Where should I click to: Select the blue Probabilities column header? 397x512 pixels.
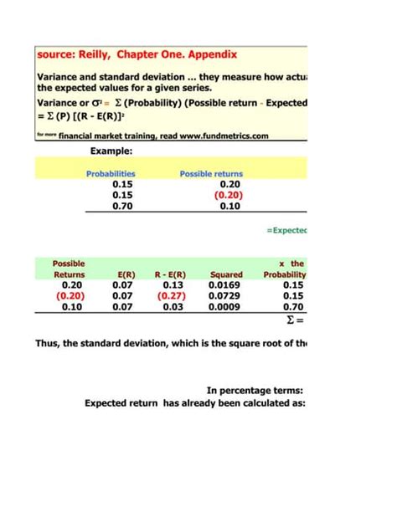111,174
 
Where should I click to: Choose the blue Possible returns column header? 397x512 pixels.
211,174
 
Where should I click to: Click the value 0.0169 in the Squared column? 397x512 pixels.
226,284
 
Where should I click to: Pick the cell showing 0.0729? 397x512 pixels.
226,295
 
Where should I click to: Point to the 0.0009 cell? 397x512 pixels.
226,306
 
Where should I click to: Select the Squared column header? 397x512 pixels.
226,274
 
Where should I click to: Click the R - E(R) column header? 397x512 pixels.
172,274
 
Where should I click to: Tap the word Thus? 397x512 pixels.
49,342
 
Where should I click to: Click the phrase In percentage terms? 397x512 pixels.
254,390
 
